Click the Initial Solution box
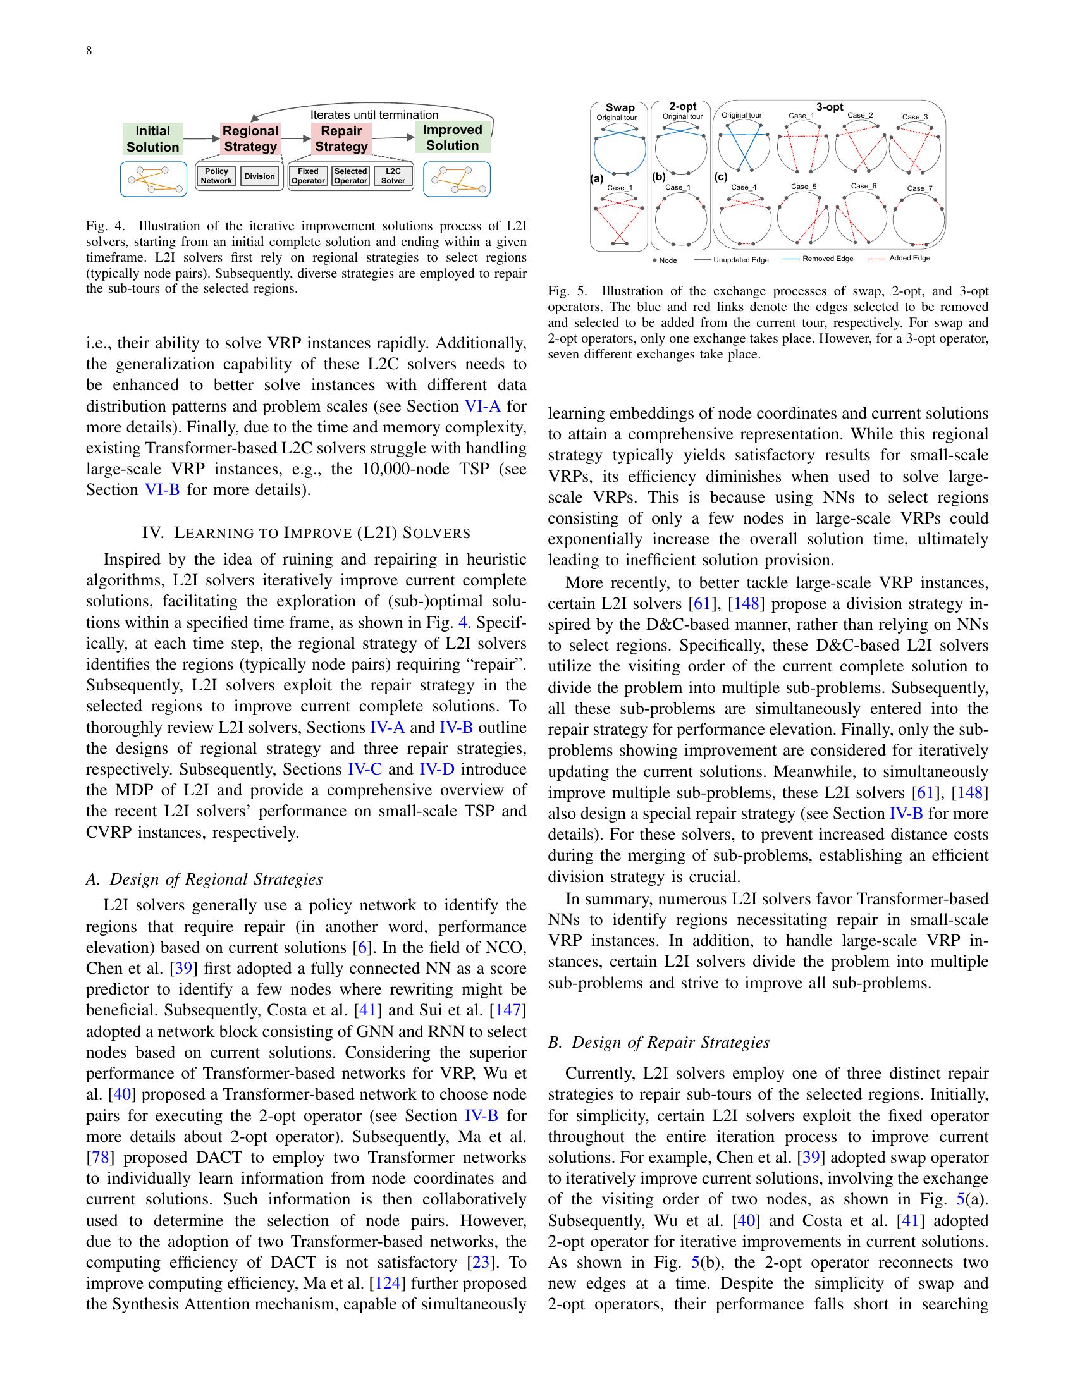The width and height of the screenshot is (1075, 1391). click(x=152, y=139)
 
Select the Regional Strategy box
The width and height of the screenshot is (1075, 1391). click(x=250, y=139)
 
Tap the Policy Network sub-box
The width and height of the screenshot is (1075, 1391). click(x=216, y=176)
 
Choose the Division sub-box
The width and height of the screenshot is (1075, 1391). click(x=260, y=176)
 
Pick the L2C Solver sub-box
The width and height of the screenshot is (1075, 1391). click(x=393, y=176)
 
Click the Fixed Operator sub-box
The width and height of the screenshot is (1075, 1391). click(x=308, y=176)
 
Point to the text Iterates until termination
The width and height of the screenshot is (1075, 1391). click(x=374, y=114)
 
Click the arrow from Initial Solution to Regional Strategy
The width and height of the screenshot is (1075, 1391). click(x=201, y=138)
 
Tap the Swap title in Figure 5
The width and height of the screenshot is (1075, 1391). click(x=620, y=107)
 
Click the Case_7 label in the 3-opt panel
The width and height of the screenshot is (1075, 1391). click(x=919, y=188)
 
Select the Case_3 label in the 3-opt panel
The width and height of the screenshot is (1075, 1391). click(x=915, y=117)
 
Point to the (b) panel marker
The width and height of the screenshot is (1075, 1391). click(x=658, y=178)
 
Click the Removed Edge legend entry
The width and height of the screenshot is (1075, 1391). click(x=818, y=259)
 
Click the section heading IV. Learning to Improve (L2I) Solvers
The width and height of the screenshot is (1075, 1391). click(x=306, y=532)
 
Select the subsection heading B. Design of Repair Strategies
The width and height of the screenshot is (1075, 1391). click(x=658, y=1042)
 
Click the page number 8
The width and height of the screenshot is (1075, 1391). click(x=89, y=51)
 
